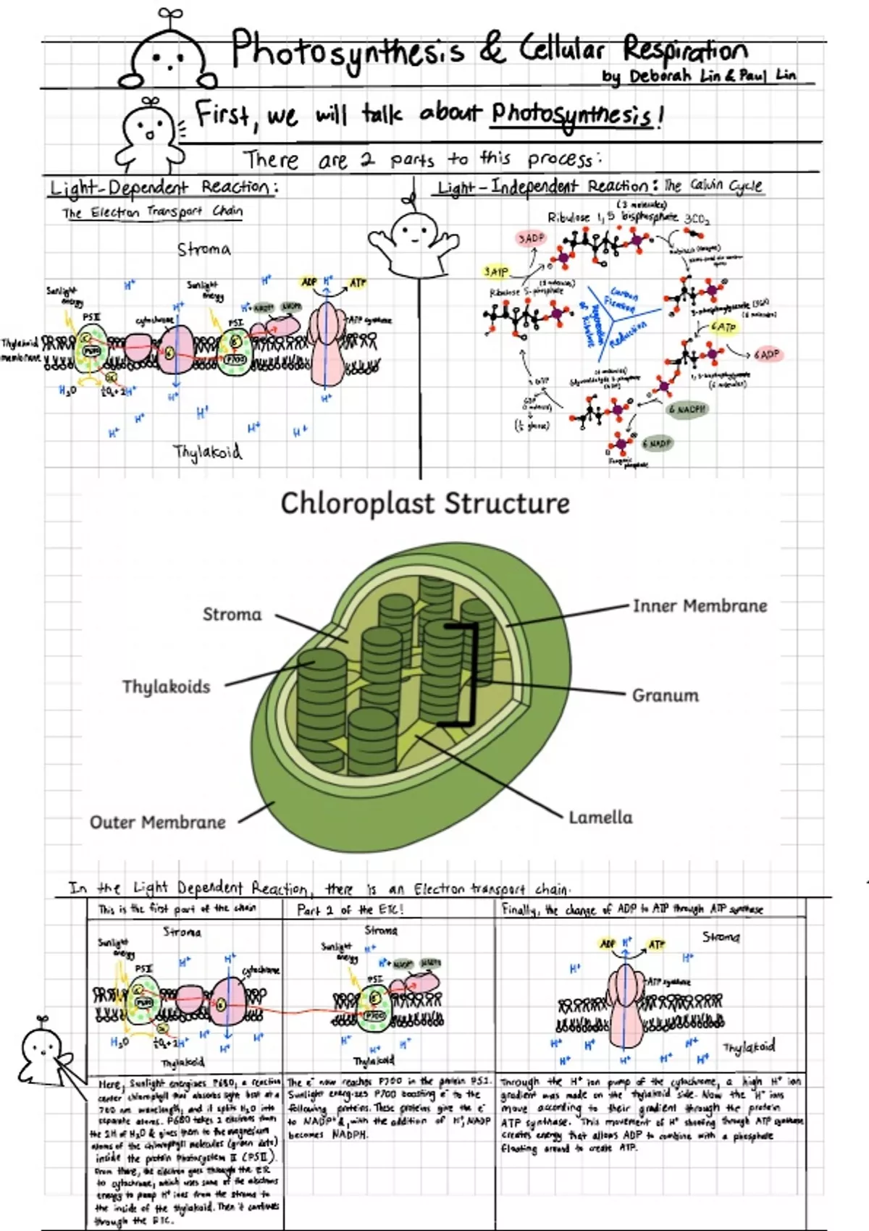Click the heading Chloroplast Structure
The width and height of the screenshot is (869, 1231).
tap(425, 503)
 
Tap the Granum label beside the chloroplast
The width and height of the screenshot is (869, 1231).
tap(665, 695)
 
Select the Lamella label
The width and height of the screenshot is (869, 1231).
tap(600, 818)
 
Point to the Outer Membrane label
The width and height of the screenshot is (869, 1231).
tap(157, 822)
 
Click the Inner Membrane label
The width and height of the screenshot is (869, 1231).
tap(700, 605)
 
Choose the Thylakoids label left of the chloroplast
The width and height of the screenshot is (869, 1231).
tap(166, 686)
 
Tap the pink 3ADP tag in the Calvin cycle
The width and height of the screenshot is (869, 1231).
tap(531, 238)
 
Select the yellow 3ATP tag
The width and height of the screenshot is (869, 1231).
tap(496, 272)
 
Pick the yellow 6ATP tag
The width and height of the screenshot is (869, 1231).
tap(723, 327)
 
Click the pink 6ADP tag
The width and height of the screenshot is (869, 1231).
tap(766, 354)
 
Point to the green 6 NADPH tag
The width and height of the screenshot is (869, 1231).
tap(687, 409)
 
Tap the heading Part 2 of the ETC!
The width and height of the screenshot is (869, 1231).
tap(350, 909)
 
